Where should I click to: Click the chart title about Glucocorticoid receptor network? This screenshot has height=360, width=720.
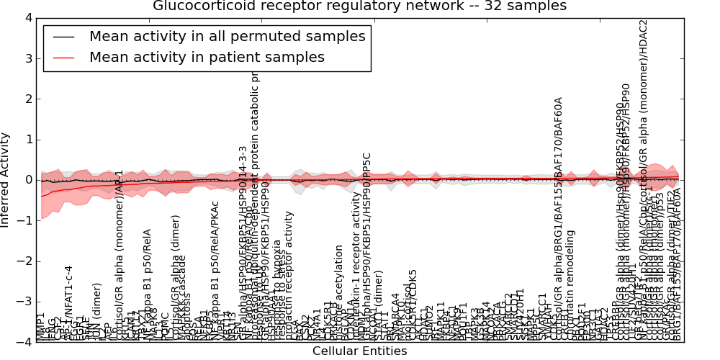pos(359,6)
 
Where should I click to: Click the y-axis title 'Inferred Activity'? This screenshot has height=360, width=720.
pos(6,179)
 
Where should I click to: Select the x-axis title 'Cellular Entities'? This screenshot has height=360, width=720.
pos(359,351)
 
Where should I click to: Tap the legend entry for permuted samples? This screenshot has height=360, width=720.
pos(227,37)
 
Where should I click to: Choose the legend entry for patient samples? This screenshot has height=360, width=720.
pos(207,57)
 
